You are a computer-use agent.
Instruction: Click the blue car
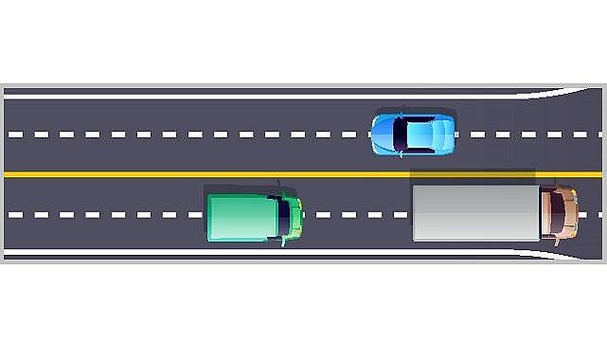(x=413, y=135)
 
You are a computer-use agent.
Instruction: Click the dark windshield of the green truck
(x=283, y=217)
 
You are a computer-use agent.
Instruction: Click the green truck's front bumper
(x=300, y=217)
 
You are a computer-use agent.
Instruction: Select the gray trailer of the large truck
(x=475, y=212)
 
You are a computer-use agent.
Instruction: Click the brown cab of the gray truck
(x=558, y=212)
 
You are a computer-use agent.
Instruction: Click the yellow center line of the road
(x=189, y=175)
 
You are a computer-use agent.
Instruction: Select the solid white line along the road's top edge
(x=237, y=97)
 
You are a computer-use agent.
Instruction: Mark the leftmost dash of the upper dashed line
(x=15, y=135)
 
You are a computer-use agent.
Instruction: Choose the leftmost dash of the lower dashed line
(x=15, y=215)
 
